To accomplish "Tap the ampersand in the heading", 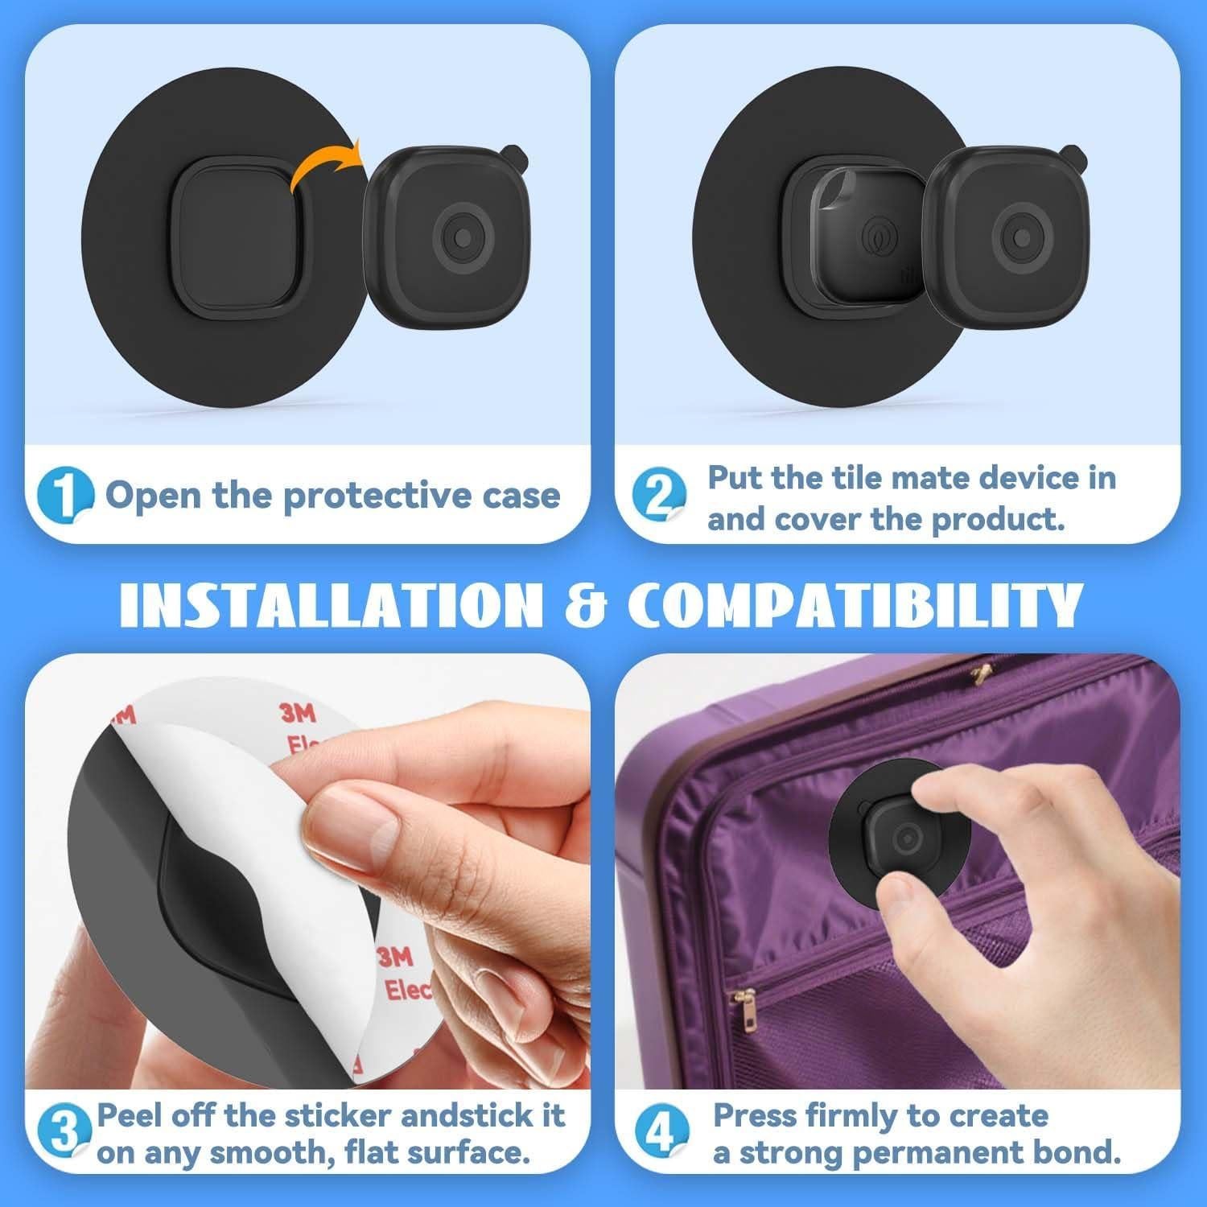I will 590,605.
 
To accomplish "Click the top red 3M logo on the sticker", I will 299,713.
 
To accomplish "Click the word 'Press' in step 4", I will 754,1116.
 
